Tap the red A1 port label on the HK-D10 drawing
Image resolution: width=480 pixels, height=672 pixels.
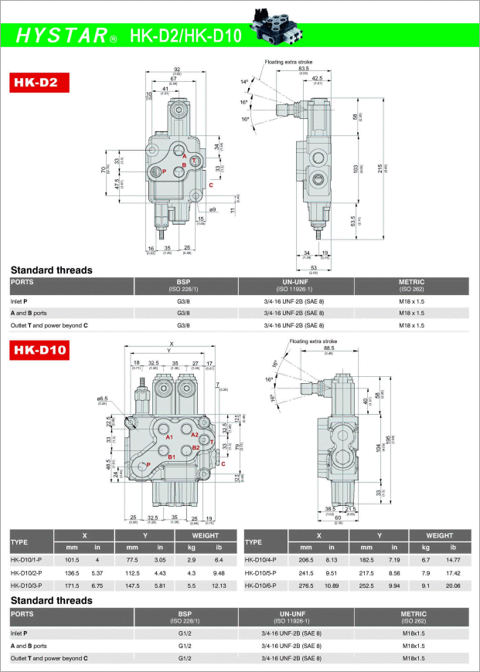168,437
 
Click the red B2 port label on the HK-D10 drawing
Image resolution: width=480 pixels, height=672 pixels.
196,448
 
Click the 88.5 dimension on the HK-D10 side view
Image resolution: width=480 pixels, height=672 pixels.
328,348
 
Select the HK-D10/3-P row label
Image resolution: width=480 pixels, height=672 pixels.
26,586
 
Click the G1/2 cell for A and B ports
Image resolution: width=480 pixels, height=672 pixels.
184,646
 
